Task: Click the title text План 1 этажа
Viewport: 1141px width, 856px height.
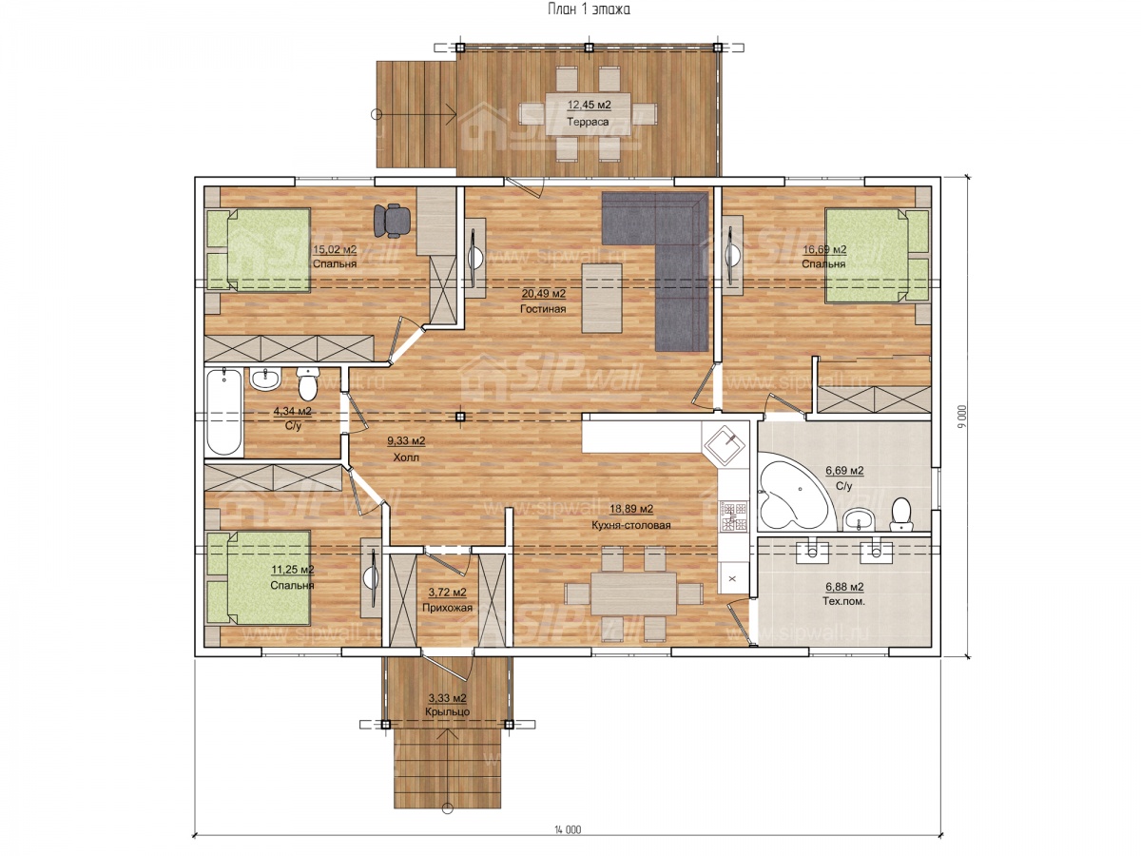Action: (x=589, y=9)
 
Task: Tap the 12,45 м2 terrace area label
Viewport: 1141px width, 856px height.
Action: (x=589, y=105)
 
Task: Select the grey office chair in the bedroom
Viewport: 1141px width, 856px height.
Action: (x=392, y=221)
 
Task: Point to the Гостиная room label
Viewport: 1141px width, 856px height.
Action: (x=543, y=309)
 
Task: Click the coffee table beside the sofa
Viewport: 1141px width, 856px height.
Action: (x=602, y=298)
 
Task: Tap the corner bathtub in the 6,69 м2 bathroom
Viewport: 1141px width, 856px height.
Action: (x=794, y=491)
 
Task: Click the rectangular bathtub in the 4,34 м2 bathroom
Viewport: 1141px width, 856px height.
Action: (x=224, y=412)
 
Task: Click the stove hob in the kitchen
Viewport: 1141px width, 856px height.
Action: (x=733, y=516)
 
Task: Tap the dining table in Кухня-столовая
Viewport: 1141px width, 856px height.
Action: (x=633, y=593)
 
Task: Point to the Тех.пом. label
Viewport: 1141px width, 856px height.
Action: (x=843, y=601)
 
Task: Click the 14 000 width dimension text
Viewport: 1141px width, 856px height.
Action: (x=567, y=829)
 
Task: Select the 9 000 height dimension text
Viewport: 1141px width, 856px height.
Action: (x=962, y=417)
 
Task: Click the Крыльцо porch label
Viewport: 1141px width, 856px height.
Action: (x=447, y=712)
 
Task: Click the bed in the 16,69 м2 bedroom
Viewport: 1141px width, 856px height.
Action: (x=877, y=256)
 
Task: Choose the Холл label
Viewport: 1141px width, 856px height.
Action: (x=406, y=457)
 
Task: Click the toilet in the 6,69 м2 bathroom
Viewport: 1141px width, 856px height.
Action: (x=900, y=515)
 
